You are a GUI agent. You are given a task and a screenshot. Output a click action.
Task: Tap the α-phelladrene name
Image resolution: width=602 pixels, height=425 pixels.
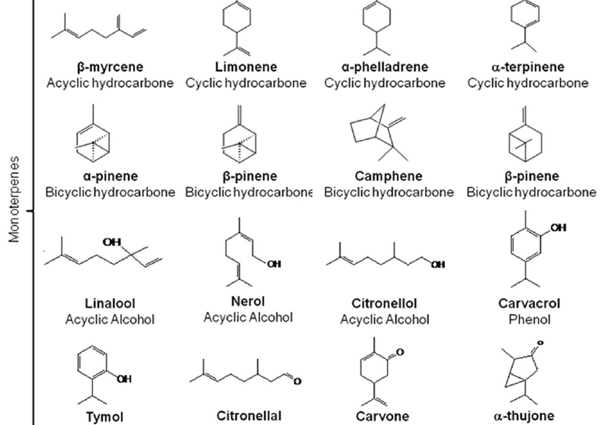[x=385, y=67]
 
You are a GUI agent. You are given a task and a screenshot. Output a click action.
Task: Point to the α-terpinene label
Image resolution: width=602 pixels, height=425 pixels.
[x=527, y=67]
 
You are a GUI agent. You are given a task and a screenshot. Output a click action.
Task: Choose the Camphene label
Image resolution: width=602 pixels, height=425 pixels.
[x=389, y=176]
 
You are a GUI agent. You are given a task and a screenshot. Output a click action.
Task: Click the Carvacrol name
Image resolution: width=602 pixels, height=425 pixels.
[x=529, y=303]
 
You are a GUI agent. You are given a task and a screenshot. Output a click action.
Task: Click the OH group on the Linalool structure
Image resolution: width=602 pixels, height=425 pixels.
[x=111, y=242]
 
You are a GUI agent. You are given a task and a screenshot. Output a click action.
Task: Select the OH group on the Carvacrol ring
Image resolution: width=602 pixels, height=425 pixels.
[x=559, y=227]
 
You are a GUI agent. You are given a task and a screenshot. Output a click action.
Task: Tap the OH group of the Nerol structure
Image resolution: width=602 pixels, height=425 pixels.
[x=273, y=264]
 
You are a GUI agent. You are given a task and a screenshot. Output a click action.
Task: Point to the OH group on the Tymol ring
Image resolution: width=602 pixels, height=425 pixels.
[x=125, y=380]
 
